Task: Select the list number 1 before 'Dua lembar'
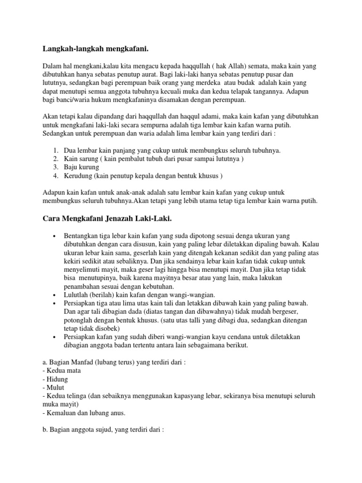pos(56,150)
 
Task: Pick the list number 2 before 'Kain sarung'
pos(56,158)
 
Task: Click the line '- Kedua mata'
pos(61,370)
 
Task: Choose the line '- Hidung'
pos(55,379)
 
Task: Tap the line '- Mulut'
pos(54,387)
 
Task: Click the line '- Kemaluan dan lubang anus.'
pos(83,413)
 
